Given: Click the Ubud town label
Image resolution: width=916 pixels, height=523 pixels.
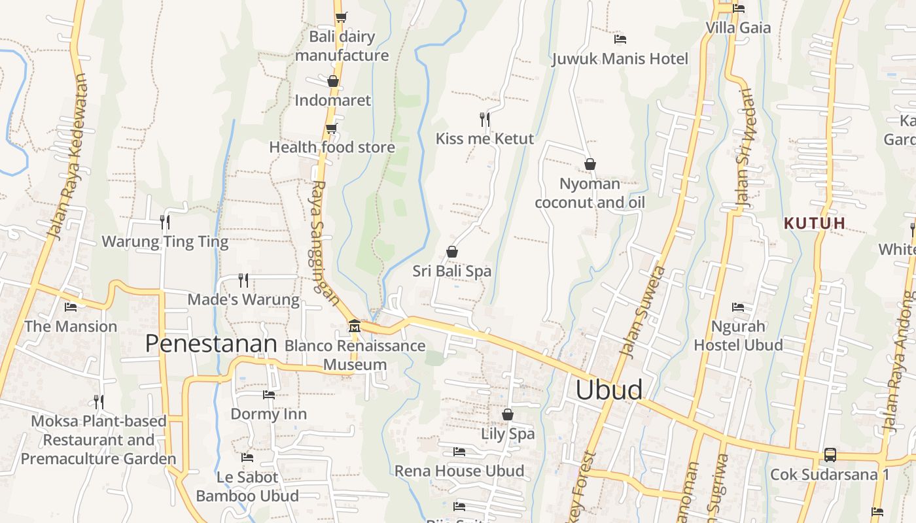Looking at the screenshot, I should point(608,390).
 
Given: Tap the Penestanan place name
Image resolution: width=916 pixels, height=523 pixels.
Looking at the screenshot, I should point(211,343).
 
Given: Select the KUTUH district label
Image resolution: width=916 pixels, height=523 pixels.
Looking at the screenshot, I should point(815,223).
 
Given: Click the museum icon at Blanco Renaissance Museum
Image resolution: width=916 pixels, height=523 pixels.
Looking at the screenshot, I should point(354,326).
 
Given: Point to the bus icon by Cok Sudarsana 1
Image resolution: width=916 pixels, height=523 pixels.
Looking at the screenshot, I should point(830,454).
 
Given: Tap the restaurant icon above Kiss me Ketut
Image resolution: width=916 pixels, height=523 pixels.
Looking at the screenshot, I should point(484,119).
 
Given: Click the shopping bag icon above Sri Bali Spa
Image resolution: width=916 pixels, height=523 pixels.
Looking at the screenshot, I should point(451,252).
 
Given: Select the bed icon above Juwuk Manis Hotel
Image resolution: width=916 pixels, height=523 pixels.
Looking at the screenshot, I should point(620,39).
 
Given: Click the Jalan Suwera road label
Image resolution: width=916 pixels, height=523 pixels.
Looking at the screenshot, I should point(642,312).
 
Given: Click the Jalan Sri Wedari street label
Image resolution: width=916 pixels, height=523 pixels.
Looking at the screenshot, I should point(745,148).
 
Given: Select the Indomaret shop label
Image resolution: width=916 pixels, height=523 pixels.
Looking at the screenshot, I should point(332,100).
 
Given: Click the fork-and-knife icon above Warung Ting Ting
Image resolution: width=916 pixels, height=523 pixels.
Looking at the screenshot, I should point(165,222).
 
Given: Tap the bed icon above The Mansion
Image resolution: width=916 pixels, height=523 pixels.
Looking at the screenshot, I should point(71,307).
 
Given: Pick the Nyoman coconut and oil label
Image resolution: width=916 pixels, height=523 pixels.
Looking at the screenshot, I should point(590,193).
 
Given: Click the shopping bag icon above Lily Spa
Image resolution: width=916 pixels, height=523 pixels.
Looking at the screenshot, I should point(508,414).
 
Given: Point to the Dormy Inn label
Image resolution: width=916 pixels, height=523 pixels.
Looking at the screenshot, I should point(268,414).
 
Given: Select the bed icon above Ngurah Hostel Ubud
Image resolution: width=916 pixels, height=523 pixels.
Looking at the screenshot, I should point(738,307).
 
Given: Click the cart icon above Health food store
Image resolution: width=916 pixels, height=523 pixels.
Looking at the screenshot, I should point(332,128).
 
